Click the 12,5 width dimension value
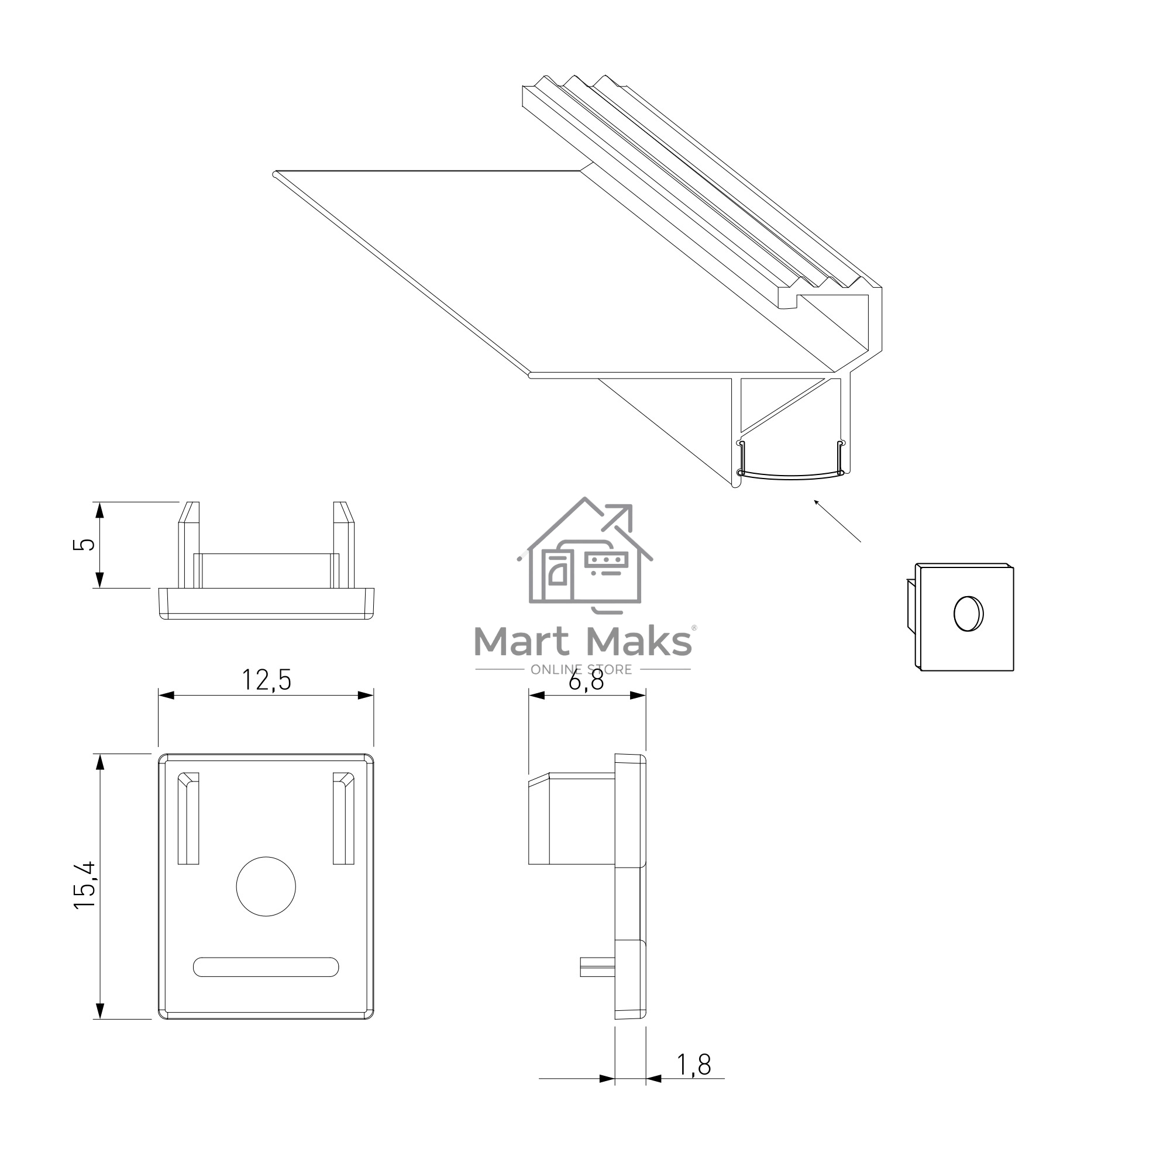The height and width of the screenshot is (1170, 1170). coord(266,680)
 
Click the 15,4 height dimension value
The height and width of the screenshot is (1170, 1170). coord(85,885)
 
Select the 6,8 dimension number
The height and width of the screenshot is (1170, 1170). coord(586,681)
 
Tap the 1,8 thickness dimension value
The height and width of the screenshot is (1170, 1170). coord(693,1065)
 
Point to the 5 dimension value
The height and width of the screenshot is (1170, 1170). coord(84,544)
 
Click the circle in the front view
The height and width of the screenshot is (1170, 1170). coord(266,886)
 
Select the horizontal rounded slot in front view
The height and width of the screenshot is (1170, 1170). coord(266,967)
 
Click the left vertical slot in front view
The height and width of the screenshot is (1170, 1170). coord(188,818)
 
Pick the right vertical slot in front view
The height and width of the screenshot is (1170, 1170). coord(343,818)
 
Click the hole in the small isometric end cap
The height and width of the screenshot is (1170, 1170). coord(968,614)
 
